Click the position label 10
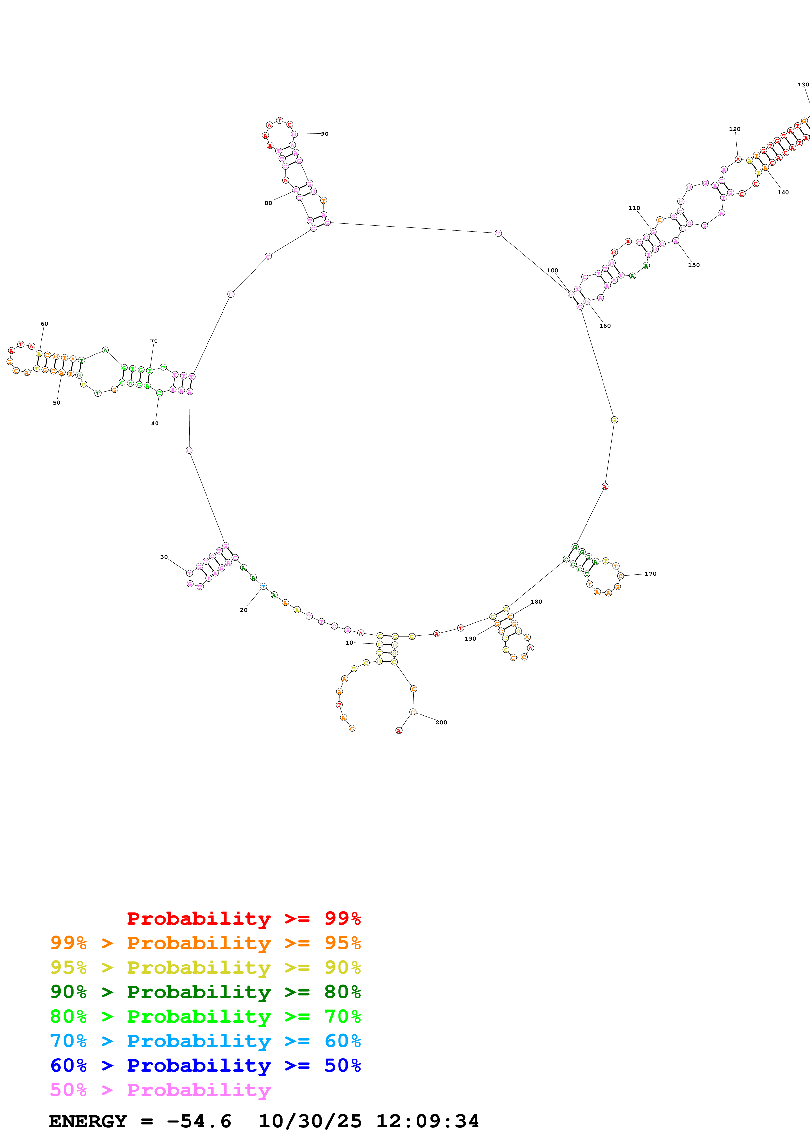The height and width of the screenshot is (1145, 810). click(x=349, y=643)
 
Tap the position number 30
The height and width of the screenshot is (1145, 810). click(x=164, y=557)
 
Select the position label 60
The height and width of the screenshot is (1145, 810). click(x=44, y=324)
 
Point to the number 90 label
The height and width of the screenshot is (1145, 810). click(x=324, y=133)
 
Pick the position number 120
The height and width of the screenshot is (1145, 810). click(x=734, y=129)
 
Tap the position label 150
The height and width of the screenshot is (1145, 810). click(x=693, y=265)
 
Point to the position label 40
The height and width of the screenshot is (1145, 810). click(x=155, y=423)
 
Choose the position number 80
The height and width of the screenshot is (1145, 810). click(x=268, y=203)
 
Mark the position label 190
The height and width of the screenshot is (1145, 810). click(x=470, y=639)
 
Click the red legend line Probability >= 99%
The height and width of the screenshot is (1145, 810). click(x=243, y=918)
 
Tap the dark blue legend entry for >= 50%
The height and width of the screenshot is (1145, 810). click(x=205, y=1065)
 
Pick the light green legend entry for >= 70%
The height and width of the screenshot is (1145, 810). click(x=205, y=1016)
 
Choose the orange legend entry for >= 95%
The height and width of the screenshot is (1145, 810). click(x=205, y=943)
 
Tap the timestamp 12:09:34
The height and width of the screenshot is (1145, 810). click(x=427, y=1121)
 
